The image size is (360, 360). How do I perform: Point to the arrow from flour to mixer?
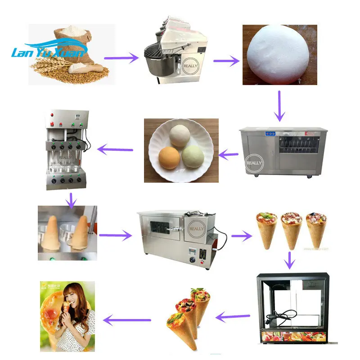(x=121, y=58)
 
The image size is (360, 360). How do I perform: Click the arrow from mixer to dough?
(x=226, y=60)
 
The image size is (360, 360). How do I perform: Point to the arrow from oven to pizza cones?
(x=242, y=235)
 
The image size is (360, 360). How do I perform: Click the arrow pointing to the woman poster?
(x=127, y=320)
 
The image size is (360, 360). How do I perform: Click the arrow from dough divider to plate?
(x=229, y=155)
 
